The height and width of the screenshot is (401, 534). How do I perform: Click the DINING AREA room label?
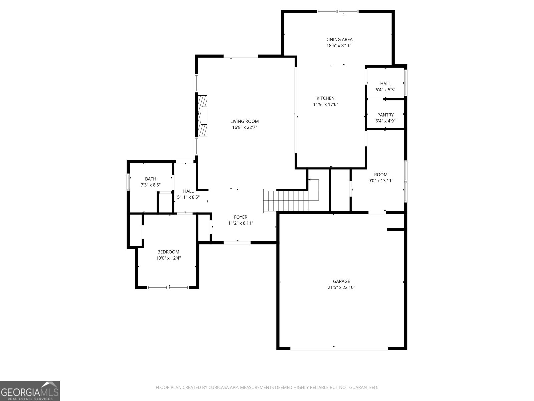(x=339, y=39)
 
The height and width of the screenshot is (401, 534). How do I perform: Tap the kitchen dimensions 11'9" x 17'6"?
(x=325, y=104)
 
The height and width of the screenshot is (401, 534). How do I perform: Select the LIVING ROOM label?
(x=245, y=121)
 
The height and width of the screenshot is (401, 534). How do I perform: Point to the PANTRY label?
(x=385, y=115)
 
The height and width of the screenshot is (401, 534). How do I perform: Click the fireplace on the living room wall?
(x=202, y=115)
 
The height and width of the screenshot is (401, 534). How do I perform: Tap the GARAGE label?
(x=341, y=281)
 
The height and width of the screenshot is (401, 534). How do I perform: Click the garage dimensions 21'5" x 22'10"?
(x=341, y=287)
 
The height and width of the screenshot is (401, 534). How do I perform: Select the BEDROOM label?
(x=168, y=252)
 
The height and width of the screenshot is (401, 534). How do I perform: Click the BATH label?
(x=150, y=179)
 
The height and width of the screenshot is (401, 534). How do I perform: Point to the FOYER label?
(x=241, y=217)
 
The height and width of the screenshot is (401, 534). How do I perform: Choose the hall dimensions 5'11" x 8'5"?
(x=188, y=197)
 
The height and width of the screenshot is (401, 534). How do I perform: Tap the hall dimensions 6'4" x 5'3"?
(x=385, y=90)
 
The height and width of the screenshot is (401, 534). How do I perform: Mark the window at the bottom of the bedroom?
(x=168, y=287)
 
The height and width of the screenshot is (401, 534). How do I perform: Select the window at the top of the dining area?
(x=338, y=11)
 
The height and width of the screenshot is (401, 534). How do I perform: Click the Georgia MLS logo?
(x=30, y=391)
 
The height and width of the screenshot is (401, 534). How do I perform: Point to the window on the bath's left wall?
(x=128, y=182)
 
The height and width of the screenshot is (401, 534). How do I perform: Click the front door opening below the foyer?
(x=237, y=243)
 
